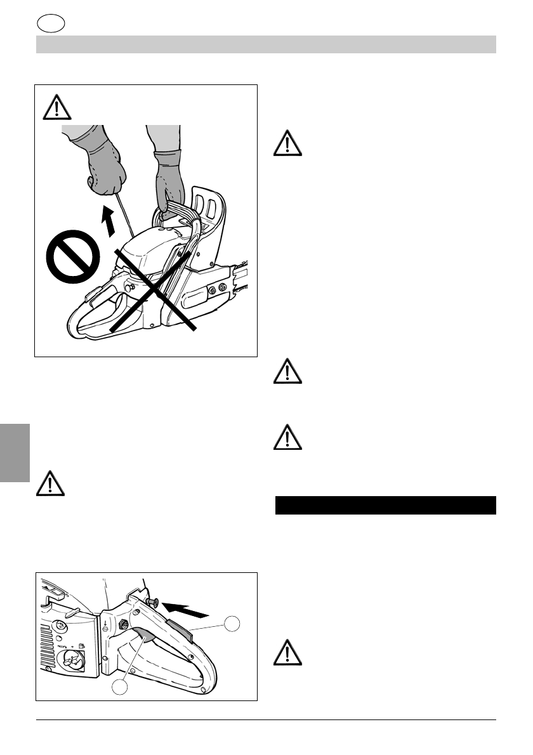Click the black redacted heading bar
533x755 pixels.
[385, 505]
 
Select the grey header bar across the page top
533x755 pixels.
[266, 44]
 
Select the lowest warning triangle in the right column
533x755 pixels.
[287, 652]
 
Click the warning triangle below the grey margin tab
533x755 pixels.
[50, 483]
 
